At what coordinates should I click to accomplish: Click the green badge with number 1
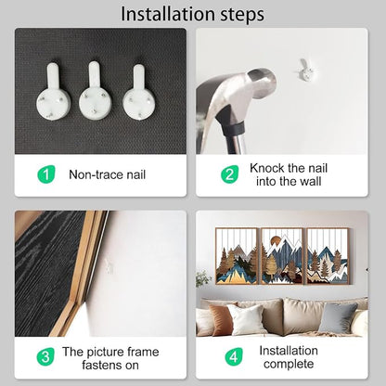(x=46, y=174)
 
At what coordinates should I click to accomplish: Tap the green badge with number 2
(x=230, y=174)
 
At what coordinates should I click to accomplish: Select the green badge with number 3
(x=45, y=356)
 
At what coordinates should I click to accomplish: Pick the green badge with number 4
(x=234, y=356)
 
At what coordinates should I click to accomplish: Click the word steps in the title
(x=242, y=15)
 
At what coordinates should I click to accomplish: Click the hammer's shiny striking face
(x=262, y=81)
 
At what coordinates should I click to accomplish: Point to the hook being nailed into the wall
(x=305, y=71)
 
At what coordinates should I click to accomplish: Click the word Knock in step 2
(x=267, y=168)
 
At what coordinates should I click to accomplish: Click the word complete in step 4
(x=289, y=365)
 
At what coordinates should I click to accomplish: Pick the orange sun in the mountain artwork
(x=275, y=241)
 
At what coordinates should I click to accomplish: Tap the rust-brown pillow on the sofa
(x=221, y=319)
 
